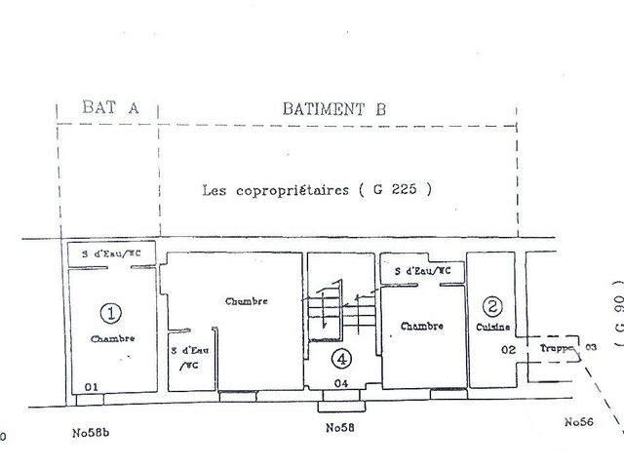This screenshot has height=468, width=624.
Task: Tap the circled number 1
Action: (x=112, y=313)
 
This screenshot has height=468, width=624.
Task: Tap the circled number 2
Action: (x=494, y=304)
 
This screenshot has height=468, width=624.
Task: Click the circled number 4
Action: (x=339, y=358)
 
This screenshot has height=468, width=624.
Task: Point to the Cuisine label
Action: (x=493, y=326)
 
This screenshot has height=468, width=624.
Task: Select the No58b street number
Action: (x=95, y=429)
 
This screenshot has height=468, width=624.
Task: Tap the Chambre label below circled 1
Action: (x=112, y=338)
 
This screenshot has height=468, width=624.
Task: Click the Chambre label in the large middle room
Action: (x=245, y=301)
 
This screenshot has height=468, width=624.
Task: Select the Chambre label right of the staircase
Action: (x=422, y=328)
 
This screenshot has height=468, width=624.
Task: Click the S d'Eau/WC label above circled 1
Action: (x=110, y=255)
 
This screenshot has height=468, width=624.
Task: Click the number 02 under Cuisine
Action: (x=508, y=348)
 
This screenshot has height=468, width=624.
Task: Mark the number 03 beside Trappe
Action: (x=590, y=345)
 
